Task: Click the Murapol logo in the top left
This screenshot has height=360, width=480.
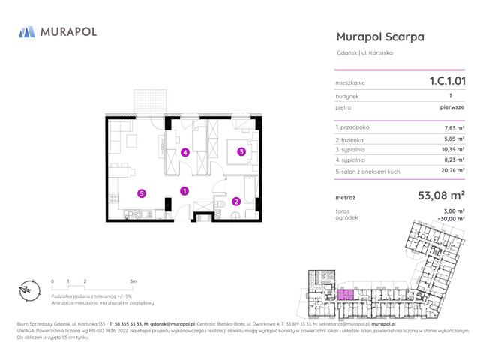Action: pos(57,33)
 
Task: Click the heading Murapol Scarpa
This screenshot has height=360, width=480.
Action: pos(380,37)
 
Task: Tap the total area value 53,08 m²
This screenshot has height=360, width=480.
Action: pos(441,196)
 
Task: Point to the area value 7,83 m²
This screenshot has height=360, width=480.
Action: pos(454,128)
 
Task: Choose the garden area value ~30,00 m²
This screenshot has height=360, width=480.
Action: pos(450,219)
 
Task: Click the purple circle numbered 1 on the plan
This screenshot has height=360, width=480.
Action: pos(184,191)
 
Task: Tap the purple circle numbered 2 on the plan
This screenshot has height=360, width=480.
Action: pos(235,201)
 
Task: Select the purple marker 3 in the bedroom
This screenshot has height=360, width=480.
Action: pos(241,151)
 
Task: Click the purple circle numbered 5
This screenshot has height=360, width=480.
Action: pos(141,193)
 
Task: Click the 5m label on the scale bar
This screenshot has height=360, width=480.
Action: pos(133,281)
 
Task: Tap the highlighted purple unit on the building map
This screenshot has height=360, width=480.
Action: pos(346,295)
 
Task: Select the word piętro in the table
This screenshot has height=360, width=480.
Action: pos(345,107)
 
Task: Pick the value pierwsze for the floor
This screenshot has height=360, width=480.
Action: pos(452,107)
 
